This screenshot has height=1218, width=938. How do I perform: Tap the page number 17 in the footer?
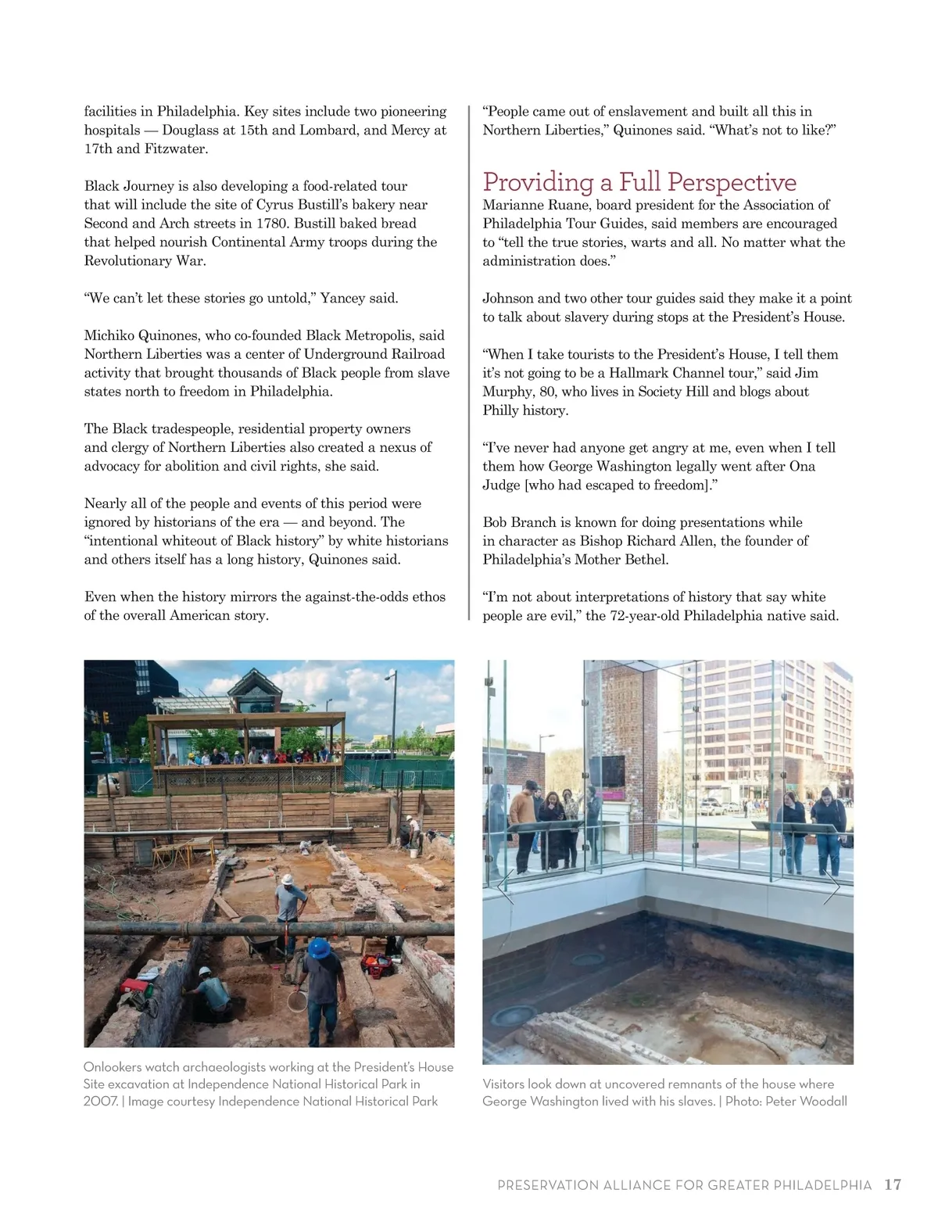[893, 1184]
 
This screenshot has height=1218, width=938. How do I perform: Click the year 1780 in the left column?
[273, 223]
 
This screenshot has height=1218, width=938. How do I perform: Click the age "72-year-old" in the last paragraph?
[645, 615]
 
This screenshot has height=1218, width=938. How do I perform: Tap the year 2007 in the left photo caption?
[100, 1101]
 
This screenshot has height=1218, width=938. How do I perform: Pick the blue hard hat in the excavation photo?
[319, 948]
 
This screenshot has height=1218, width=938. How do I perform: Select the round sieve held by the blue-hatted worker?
[296, 1001]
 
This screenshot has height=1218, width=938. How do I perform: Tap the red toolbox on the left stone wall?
[134, 987]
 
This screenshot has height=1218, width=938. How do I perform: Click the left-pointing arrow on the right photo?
[505, 887]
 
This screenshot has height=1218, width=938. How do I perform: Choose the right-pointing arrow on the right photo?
[832, 887]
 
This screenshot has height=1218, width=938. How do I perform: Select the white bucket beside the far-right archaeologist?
[412, 853]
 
